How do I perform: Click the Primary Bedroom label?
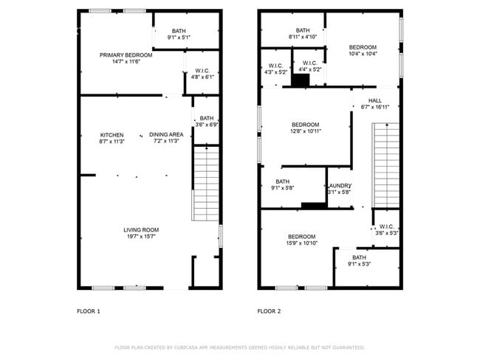(126, 55)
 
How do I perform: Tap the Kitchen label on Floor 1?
(112, 134)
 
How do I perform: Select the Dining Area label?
(166, 134)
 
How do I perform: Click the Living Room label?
(141, 230)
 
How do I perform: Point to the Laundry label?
(339, 186)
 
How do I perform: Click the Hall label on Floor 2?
(375, 100)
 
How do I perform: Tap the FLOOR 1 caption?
(89, 311)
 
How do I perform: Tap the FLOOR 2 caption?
(269, 311)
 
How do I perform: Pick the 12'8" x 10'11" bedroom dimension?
(305, 131)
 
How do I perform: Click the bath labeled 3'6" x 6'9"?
(206, 125)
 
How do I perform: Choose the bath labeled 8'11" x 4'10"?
(303, 37)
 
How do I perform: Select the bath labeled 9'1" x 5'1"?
(179, 37)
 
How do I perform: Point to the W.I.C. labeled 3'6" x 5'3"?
(386, 233)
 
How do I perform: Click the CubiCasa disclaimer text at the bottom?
(239, 347)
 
